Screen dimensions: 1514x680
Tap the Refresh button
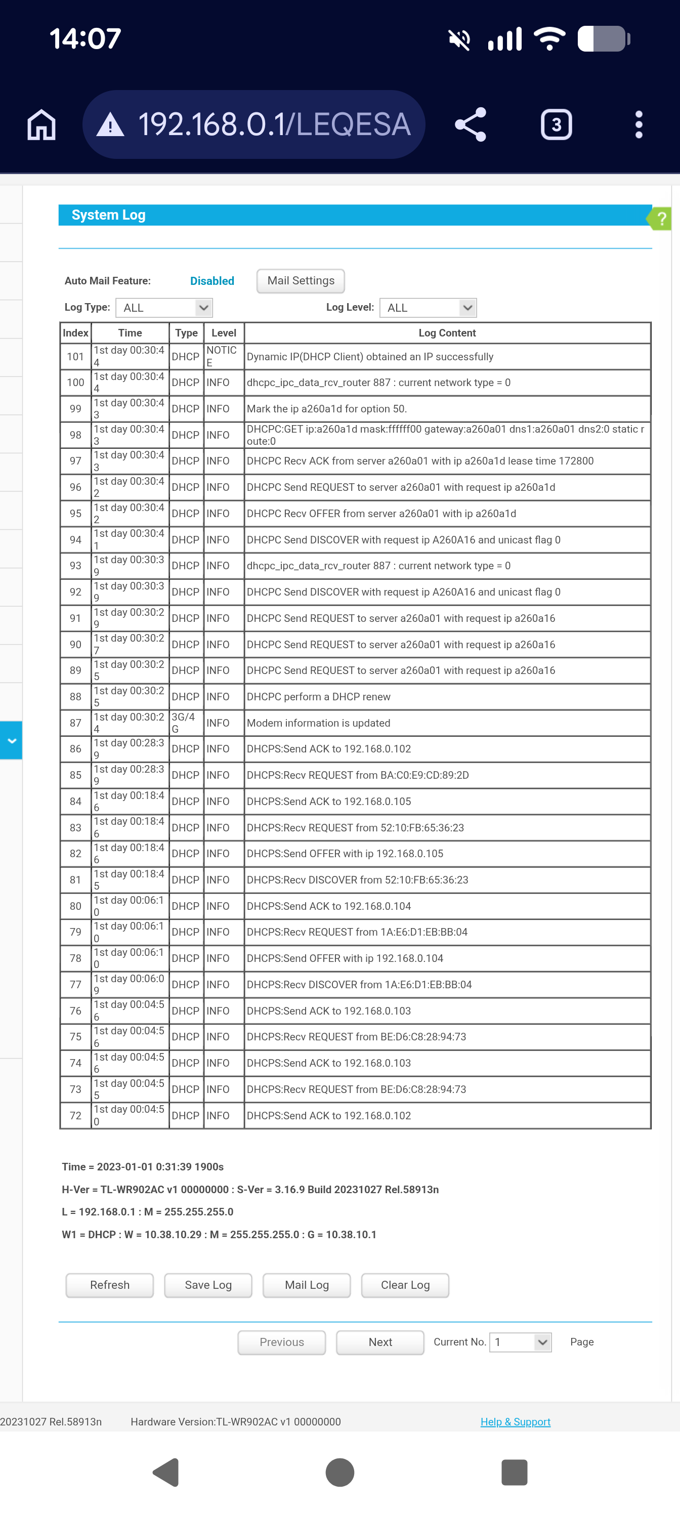pos(109,1285)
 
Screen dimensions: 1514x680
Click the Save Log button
pos(208,1285)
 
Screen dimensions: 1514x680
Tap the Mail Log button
pos(307,1285)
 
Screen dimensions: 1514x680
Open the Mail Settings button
pos(301,281)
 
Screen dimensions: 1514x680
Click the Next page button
pos(379,1342)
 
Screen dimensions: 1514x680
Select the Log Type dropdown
pos(164,307)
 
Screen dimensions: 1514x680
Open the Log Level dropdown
pos(428,307)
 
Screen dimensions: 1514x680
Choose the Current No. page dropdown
pos(520,1342)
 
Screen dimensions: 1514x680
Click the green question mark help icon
pos(661,219)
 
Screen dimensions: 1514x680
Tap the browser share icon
pos(471,124)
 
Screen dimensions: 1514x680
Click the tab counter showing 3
pos(556,124)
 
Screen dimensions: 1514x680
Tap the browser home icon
pos(41,124)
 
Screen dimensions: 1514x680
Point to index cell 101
pos(76,357)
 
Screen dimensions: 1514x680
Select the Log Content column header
pos(447,332)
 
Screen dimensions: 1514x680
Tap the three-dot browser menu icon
pos(639,124)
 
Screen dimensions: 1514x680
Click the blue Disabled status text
pos(212,281)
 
